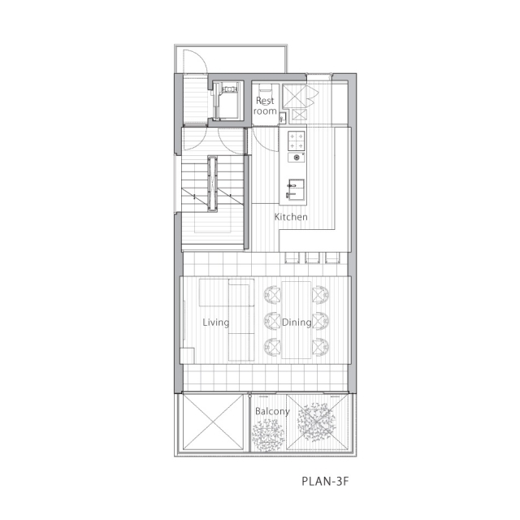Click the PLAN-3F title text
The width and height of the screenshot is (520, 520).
(x=325, y=481)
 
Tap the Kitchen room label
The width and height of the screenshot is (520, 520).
(x=291, y=217)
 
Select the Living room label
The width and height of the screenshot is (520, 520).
(x=215, y=323)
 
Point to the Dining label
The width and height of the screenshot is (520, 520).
(x=297, y=323)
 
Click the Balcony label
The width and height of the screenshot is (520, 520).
(x=272, y=412)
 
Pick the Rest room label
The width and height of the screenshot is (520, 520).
(x=265, y=106)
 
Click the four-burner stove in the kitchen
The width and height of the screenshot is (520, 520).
(x=296, y=141)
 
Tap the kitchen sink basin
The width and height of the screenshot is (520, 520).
(x=296, y=189)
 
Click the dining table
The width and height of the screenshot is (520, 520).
(x=296, y=320)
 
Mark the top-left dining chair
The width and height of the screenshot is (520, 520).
(x=272, y=295)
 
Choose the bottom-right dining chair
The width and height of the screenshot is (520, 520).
(x=321, y=347)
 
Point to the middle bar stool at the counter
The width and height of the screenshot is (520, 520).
(x=312, y=258)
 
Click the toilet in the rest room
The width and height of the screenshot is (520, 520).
(x=265, y=89)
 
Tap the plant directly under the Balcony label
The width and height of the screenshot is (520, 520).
(x=268, y=435)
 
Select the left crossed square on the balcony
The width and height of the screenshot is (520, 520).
(x=213, y=422)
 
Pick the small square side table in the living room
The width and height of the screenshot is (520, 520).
(x=188, y=356)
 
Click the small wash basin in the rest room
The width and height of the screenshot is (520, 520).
(x=283, y=118)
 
